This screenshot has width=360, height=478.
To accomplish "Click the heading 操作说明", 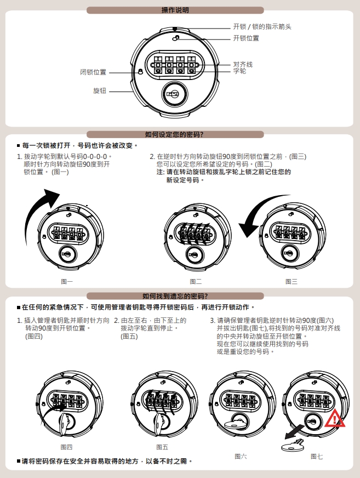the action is pos(175,10).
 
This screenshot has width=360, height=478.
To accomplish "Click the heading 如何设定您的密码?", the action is pos(174,134).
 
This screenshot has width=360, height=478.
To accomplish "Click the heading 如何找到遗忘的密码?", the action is pos(175,296).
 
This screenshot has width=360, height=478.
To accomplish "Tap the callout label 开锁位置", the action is pos(246,38).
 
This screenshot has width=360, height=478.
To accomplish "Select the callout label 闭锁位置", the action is pos(93,72).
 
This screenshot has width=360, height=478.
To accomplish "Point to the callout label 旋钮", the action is pos(99,91).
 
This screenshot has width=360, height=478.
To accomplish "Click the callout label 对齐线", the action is pos(243,64).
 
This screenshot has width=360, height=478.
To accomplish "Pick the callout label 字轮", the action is pos(239,71).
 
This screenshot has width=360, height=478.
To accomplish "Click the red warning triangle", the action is pos(335,419).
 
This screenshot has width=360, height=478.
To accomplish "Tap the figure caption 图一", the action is pos(67,281).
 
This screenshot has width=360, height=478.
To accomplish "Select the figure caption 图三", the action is pos(292,281).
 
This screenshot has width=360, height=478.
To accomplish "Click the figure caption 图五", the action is pos(162,447).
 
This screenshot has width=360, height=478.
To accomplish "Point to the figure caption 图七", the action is pos(317,457).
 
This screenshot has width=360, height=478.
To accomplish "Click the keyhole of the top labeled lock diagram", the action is pos(173,94).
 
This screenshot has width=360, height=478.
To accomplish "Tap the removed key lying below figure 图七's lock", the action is pos(293,445).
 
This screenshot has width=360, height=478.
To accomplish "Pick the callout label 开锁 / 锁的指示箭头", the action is pos(262,27).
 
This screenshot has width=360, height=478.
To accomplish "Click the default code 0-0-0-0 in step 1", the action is pos(95,157).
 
